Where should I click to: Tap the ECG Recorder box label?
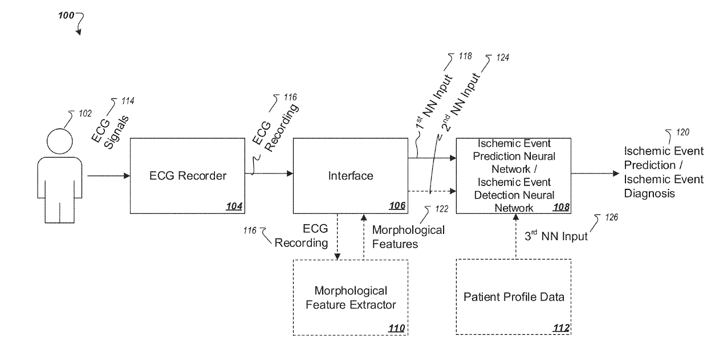point(188,176)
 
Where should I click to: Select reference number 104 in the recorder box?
point(234,206)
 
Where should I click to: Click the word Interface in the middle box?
point(351,176)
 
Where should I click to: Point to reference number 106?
point(397,205)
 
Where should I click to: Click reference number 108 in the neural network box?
point(561,207)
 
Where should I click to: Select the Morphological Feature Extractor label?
point(351,297)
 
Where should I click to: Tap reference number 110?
point(396,328)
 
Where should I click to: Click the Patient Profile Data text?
point(514,297)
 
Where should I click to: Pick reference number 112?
point(561,328)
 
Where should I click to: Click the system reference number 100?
point(66,15)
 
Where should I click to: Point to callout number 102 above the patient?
point(85,114)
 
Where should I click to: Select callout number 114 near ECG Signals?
point(128,101)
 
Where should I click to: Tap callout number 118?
point(465,56)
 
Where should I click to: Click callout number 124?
point(503,58)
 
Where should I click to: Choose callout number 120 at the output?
point(682,132)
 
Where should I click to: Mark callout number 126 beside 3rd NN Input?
point(611,217)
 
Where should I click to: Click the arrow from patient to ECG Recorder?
point(108,176)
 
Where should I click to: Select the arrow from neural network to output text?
point(595,173)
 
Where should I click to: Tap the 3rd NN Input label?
point(556,236)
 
